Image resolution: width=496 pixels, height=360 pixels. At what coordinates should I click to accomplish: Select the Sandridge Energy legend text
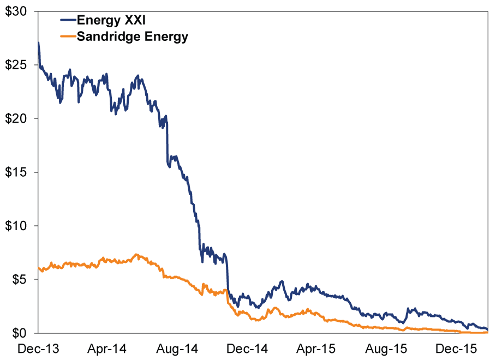point(133,37)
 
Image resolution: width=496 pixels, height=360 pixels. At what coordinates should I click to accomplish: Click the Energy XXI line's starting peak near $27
point(39,43)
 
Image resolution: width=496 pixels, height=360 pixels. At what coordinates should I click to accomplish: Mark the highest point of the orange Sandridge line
point(136,254)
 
